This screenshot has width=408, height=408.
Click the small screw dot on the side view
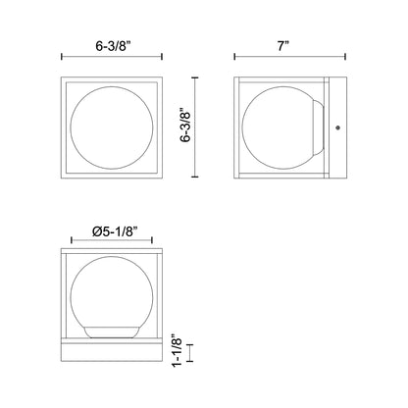[x=339, y=127]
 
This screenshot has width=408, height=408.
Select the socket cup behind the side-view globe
[x=320, y=127]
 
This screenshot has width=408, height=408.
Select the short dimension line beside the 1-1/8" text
[x=194, y=351]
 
